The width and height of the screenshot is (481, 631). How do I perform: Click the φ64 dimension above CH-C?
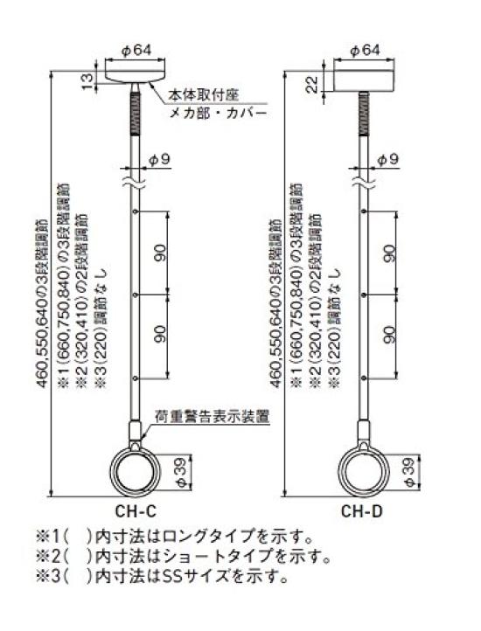point(137,50)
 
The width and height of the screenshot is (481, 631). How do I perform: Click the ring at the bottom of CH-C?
point(136,469)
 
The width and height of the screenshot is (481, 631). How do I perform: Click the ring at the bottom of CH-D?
point(363,469)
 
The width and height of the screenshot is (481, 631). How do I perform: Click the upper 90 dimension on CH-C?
point(161,253)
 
